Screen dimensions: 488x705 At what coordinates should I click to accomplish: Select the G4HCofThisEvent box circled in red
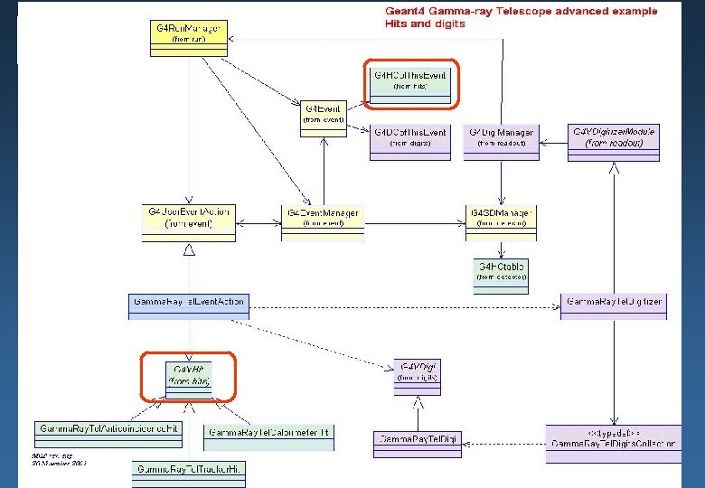[410, 82]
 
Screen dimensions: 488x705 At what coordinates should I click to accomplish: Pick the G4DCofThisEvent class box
[409, 138]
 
